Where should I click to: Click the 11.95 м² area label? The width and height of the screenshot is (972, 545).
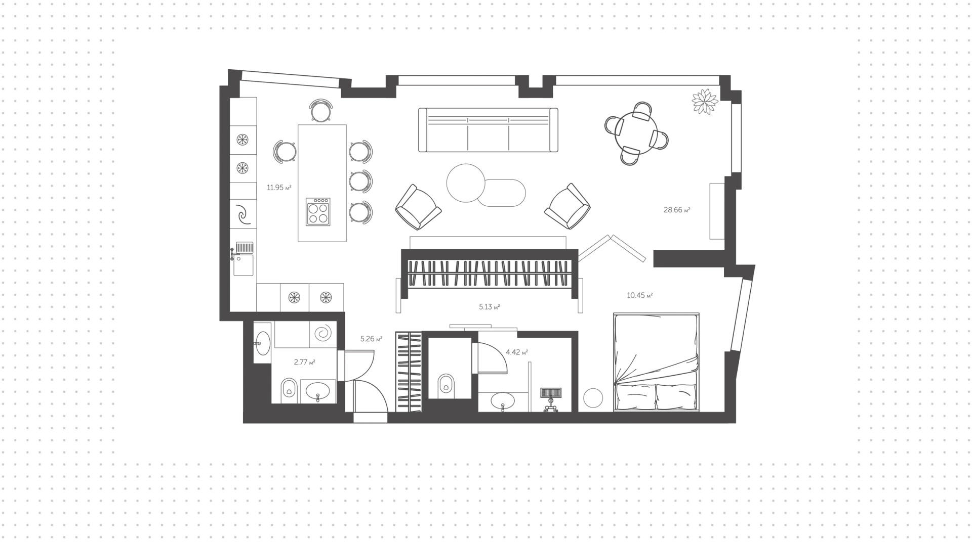(279, 188)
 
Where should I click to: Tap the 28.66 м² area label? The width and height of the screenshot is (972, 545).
(677, 210)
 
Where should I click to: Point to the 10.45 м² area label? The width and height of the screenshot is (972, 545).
(639, 295)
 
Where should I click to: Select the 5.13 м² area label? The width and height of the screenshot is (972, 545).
(489, 307)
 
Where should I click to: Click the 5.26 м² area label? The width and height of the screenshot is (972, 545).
(371, 339)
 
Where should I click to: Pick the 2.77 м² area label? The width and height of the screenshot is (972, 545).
(304, 362)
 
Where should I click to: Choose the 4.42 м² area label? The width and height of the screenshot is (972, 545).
(517, 352)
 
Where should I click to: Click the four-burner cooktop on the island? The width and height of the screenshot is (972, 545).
(318, 211)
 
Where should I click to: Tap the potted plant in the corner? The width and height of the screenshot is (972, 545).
(705, 102)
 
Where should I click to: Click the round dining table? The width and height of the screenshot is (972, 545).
(636, 132)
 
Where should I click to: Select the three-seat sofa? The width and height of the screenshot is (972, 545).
(488, 130)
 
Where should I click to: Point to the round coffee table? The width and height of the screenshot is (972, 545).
(466, 183)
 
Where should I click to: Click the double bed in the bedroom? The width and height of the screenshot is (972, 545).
(656, 361)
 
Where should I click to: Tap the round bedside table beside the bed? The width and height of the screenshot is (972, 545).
(593, 398)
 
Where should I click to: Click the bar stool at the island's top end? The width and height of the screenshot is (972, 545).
(321, 111)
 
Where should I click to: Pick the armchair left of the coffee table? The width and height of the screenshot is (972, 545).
(418, 207)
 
